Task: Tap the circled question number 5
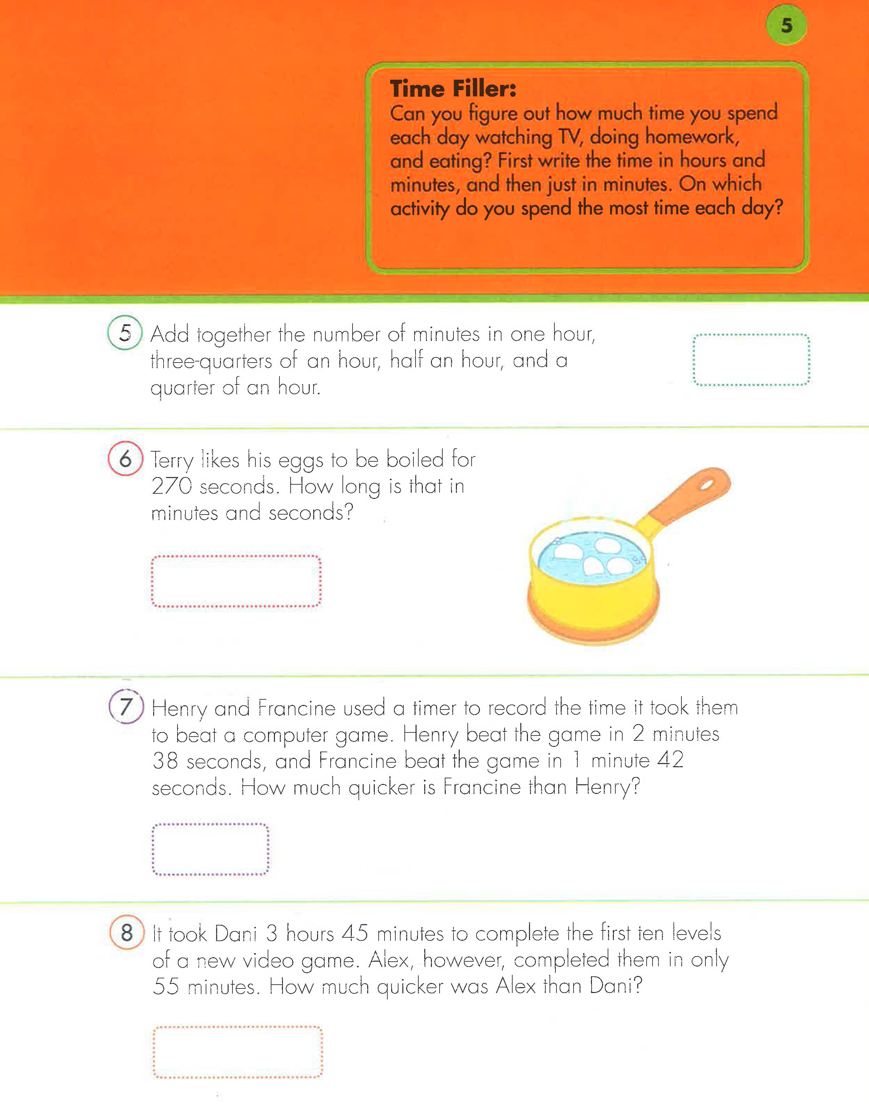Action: tap(125, 333)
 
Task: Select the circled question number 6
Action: tap(125, 458)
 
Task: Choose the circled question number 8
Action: tap(127, 932)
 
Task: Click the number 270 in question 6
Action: tap(172, 486)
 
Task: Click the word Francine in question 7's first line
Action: tap(296, 707)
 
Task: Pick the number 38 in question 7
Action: tap(165, 761)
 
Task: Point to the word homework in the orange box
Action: tap(691, 136)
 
